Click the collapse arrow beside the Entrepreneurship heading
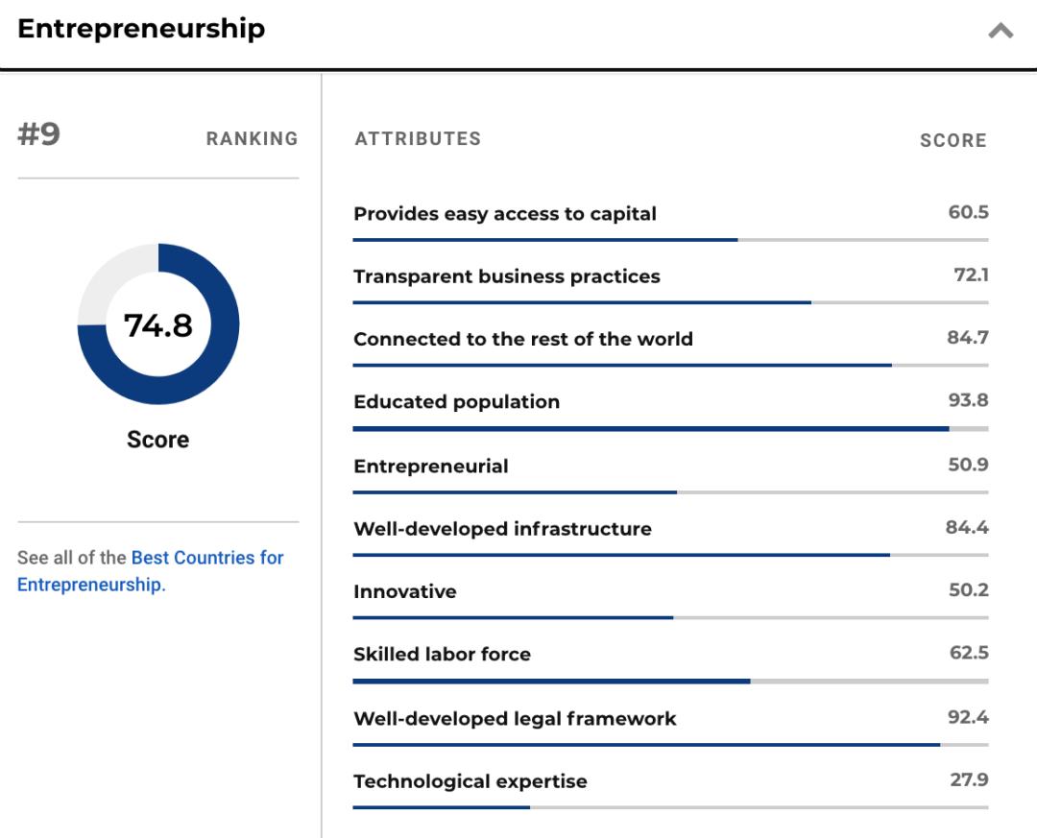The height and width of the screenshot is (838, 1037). (x=1001, y=31)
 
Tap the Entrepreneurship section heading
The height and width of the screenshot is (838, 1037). (x=141, y=29)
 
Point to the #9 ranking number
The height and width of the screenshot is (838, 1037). (x=39, y=134)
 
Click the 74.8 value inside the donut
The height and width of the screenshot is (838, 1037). (x=158, y=325)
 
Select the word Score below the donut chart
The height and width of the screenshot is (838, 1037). (x=158, y=440)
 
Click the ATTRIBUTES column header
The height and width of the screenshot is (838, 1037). (x=418, y=139)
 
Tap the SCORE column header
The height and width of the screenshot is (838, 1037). (x=953, y=140)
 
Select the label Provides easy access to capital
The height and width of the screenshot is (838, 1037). (x=505, y=214)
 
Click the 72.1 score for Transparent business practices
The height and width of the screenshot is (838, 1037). (x=971, y=275)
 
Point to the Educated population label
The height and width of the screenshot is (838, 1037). (x=456, y=402)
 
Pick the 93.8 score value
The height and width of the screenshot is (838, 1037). (x=968, y=400)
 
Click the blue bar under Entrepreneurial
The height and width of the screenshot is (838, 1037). (x=515, y=492)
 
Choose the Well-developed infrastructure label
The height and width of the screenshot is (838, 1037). (x=502, y=529)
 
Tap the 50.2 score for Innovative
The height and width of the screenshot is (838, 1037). (x=968, y=590)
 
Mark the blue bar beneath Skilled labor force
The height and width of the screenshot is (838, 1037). (x=551, y=682)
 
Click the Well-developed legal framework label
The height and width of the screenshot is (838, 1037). (x=515, y=719)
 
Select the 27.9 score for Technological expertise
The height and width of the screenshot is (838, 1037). (x=969, y=779)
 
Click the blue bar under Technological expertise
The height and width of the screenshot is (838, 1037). (x=442, y=807)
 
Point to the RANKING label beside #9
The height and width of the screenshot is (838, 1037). (x=252, y=139)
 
